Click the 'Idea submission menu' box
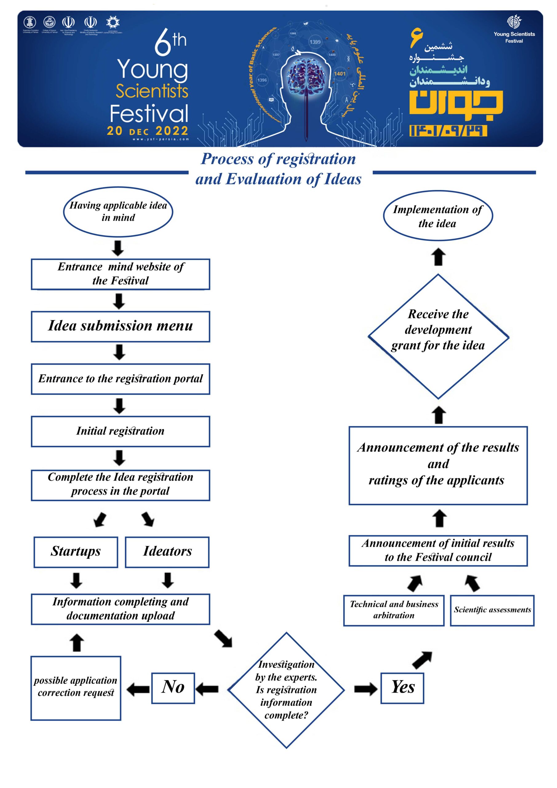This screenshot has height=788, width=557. [120, 326]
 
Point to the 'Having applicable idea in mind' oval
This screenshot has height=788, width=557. [118, 212]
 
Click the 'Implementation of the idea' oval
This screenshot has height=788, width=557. [438, 216]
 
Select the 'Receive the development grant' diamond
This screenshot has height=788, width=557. [438, 336]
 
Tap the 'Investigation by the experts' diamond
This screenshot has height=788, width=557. [286, 690]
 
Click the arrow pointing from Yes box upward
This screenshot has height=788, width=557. [422, 660]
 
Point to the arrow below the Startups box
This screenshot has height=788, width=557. [76, 580]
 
